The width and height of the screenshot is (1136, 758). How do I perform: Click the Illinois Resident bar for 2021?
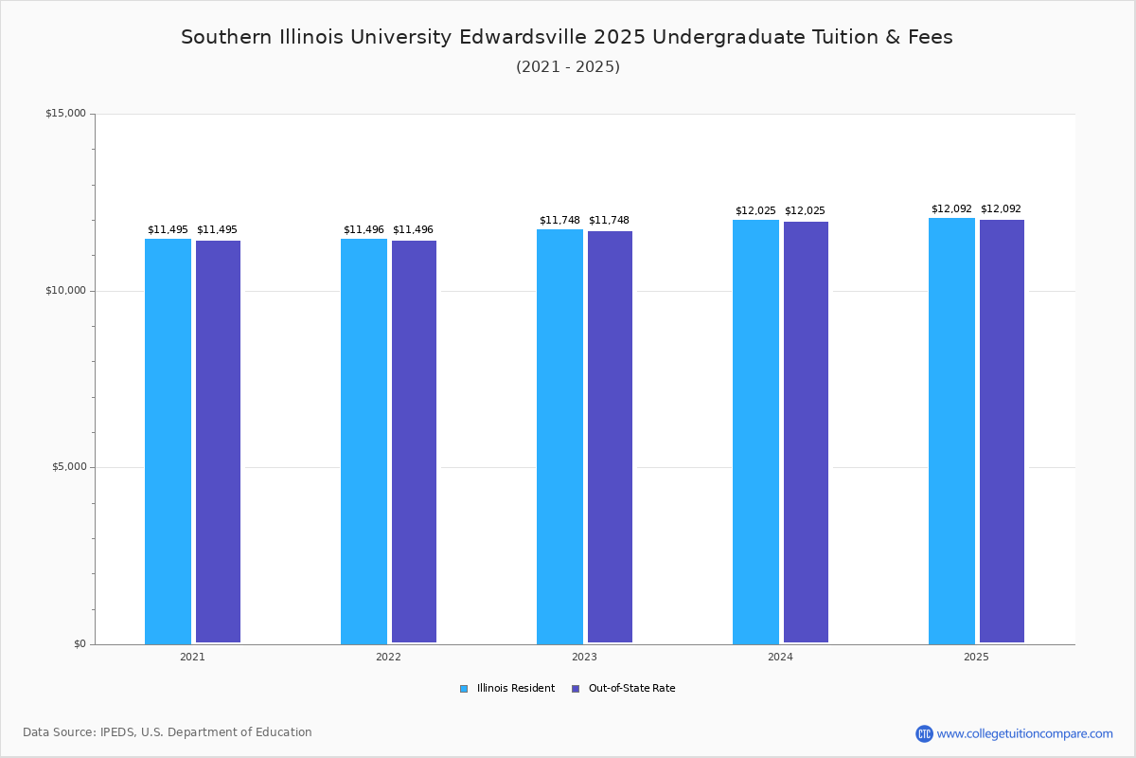click(168, 441)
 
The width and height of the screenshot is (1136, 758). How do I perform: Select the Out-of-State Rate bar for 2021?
click(218, 442)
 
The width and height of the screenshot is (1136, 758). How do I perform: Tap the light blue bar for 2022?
click(364, 441)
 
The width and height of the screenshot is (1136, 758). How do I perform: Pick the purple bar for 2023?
click(610, 437)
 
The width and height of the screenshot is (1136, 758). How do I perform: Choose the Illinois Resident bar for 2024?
click(755, 431)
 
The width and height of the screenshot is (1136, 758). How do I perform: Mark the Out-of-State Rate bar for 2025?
click(1002, 431)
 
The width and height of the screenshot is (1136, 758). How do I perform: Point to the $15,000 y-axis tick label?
click(65, 114)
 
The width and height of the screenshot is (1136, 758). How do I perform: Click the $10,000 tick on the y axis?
click(65, 291)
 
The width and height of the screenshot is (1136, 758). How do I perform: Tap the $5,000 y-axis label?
click(68, 467)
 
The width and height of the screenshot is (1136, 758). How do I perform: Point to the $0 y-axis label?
click(79, 644)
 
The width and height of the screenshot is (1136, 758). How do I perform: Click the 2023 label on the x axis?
click(584, 657)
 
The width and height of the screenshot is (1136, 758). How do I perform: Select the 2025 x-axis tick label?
click(976, 657)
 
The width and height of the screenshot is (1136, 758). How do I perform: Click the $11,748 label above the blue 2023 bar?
click(559, 220)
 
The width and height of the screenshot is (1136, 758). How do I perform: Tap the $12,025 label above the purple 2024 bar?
click(805, 210)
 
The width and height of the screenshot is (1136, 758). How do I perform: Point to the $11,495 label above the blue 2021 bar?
click(168, 229)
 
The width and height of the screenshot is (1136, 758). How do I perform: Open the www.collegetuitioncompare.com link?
click(1024, 733)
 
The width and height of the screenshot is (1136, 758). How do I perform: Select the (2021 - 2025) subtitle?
click(568, 66)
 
